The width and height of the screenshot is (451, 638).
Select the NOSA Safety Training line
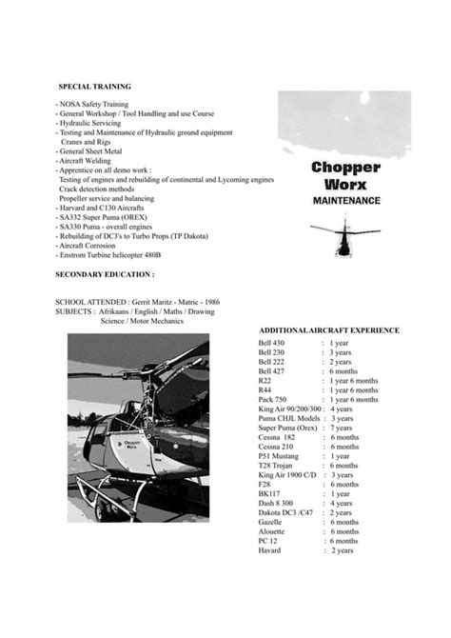click(x=94, y=105)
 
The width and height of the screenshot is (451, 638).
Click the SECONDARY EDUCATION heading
click(x=105, y=274)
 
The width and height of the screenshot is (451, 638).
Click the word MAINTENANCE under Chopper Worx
click(x=346, y=201)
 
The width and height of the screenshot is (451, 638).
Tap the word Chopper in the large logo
click(x=346, y=166)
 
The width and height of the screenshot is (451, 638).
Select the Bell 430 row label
click(x=271, y=342)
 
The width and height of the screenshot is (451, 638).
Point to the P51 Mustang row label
click(x=278, y=456)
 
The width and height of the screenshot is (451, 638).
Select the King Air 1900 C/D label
click(x=288, y=475)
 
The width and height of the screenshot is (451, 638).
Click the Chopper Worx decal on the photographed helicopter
click(x=130, y=443)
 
